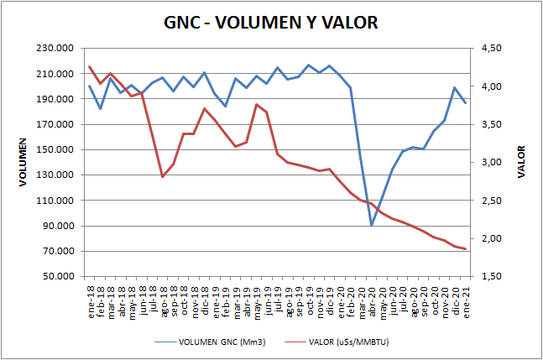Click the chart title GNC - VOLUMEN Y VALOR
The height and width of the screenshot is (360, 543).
271,22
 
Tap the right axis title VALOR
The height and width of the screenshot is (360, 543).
521,163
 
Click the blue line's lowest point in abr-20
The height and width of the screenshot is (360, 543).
371,225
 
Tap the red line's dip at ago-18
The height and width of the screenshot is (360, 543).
162,176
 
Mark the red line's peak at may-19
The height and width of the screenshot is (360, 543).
256,104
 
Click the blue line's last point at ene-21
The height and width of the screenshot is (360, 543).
465,102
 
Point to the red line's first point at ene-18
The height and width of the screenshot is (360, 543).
90,67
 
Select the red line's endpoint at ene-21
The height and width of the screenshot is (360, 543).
465,249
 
